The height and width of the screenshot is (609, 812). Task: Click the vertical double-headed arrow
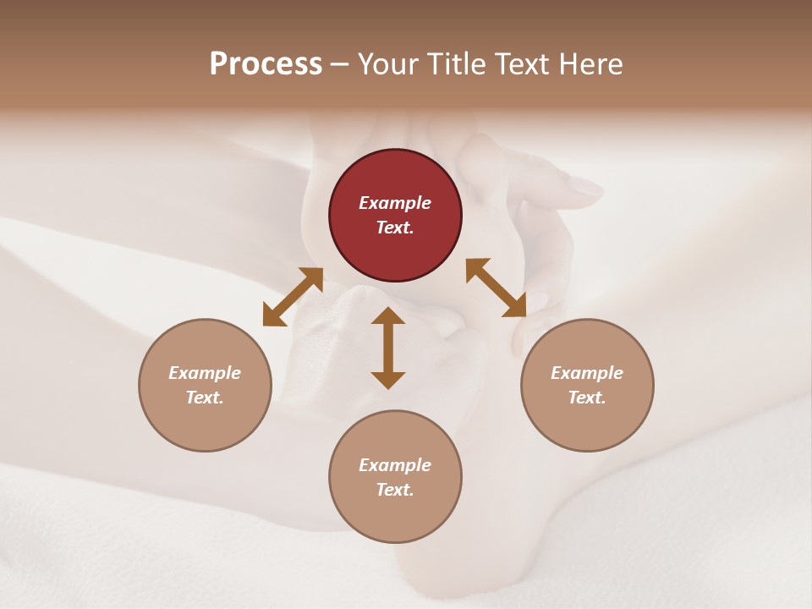click(388, 348)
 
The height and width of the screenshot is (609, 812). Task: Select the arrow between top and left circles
click(293, 296)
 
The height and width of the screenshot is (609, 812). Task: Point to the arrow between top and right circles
click(496, 288)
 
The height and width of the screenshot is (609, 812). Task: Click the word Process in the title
click(266, 63)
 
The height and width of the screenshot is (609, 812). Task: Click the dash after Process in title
click(339, 64)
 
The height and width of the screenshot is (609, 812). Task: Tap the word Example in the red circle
click(395, 203)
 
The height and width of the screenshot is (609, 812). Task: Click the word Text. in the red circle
click(395, 228)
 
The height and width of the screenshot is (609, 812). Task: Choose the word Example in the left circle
click(205, 373)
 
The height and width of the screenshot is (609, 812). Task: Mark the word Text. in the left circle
click(205, 398)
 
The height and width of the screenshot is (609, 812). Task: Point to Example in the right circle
click(587, 373)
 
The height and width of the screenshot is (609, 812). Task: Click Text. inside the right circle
click(587, 398)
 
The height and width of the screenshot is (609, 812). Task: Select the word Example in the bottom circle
click(395, 465)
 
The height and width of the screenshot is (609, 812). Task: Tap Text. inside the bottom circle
click(395, 490)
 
